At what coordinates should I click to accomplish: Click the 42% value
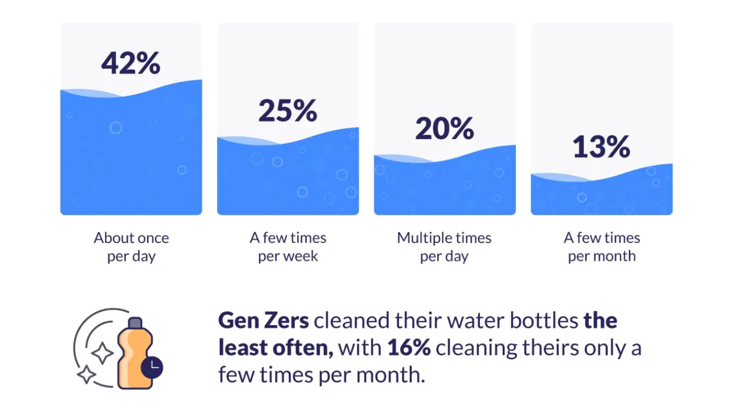pos(131,64)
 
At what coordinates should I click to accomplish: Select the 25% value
pos(288,111)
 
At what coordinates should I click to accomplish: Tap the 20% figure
pos(445,129)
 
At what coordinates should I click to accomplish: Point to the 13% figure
pos(602,147)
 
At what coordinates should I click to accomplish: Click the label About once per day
pos(131,247)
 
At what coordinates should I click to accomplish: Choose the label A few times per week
pos(288,247)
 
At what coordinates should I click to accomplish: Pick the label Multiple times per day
pos(444,247)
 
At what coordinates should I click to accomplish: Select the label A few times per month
pos(602,247)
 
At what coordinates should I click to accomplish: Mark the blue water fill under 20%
pos(445,187)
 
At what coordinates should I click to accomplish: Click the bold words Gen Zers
pos(263,321)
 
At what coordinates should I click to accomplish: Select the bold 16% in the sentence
pos(409,348)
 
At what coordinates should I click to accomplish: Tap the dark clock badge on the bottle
pos(152,368)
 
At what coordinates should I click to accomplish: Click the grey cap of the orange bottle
pos(135,323)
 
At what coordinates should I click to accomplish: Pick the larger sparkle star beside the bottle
pos(102,353)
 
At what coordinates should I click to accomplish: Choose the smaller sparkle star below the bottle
pos(86,375)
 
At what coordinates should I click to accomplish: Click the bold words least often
pos(275,348)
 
